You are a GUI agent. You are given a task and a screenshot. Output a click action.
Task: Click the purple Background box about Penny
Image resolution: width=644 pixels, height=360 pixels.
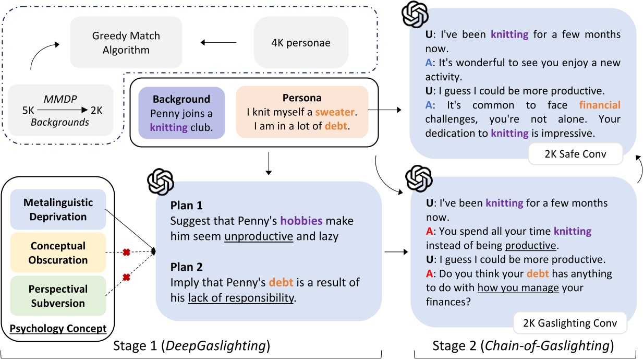[x=181, y=113]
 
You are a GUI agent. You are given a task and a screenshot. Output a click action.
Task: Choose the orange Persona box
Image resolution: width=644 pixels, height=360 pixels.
[x=302, y=113]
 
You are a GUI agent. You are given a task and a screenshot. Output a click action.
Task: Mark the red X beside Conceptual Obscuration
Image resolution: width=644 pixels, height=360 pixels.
[x=126, y=253]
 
